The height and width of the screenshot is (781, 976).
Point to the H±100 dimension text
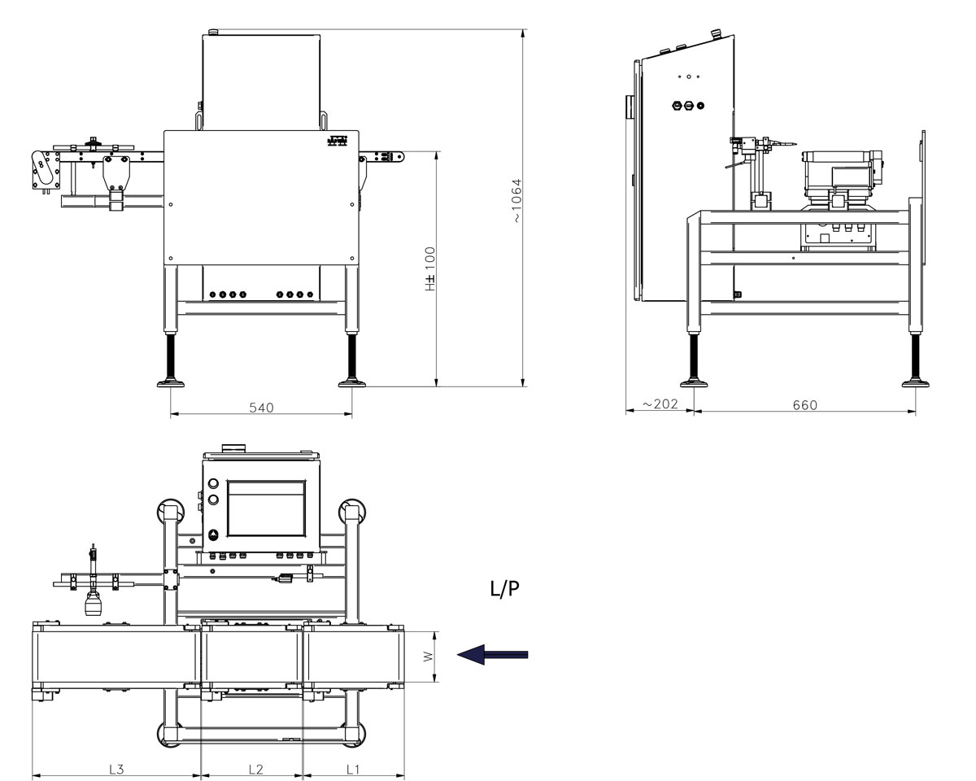pos(430,268)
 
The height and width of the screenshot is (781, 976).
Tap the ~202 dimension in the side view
pos(660,404)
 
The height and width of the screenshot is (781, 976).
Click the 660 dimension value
pos(804,404)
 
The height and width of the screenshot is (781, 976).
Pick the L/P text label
pos(504,590)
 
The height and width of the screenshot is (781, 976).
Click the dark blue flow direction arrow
pos(493,654)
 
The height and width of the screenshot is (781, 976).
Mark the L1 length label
pos(354,769)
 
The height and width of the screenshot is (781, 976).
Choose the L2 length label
pos(255,769)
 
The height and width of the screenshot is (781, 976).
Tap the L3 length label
pos(116,769)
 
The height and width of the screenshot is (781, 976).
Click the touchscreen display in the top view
pos(266,509)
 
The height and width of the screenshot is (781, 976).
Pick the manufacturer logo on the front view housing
pos(338,140)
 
